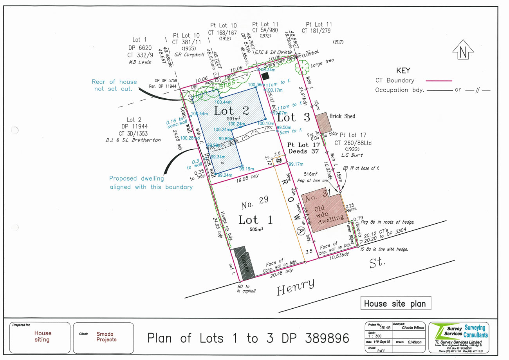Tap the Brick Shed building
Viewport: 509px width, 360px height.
tap(323, 123)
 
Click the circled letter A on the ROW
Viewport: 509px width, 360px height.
tap(301, 231)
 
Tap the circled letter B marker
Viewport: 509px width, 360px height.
tap(279, 161)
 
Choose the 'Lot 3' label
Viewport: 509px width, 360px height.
tap(294, 117)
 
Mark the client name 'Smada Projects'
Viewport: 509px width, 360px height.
tap(106, 336)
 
